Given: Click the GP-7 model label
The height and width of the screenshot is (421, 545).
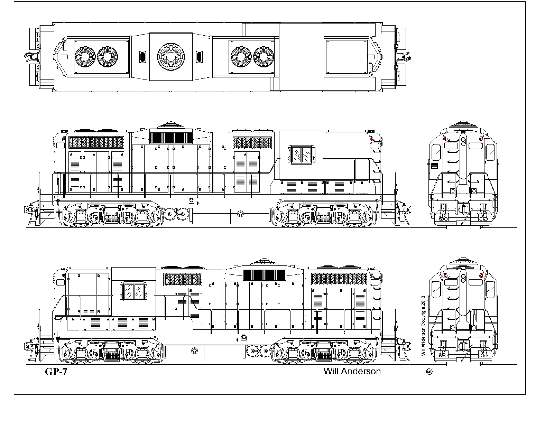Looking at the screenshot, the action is tap(56, 372).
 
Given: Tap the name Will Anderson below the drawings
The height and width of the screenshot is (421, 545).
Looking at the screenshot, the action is tap(352, 371).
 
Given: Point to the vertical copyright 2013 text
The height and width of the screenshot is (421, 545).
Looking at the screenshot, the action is tap(423, 326).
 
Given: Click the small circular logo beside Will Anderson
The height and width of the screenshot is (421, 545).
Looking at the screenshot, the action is tap(429, 372).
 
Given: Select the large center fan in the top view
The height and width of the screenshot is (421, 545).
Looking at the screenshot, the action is tap(171, 57).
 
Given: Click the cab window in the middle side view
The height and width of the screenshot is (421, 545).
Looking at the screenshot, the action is tap(302, 155).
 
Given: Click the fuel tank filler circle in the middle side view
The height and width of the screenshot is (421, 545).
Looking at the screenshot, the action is tap(240, 214).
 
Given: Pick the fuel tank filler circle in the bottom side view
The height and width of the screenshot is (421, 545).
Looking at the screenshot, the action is tap(194, 351).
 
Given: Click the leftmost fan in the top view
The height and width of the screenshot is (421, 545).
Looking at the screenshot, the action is tap(85, 57).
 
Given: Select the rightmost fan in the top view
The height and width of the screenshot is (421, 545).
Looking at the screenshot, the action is tap(264, 57).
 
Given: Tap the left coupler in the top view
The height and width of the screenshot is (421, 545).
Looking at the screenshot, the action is tap(30, 57).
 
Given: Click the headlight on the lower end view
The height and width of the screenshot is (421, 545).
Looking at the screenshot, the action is tap(463, 278).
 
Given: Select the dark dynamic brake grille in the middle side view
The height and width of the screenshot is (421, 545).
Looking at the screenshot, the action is tap(171, 138).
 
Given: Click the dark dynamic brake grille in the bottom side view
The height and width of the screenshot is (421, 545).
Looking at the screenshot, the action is tap(264, 275).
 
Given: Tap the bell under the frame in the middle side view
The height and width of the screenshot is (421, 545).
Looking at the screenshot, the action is tap(192, 201).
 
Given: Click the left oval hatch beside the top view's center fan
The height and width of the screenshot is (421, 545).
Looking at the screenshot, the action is tap(142, 57).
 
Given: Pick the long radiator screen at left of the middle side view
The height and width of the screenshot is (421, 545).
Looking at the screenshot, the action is tap(96, 142).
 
